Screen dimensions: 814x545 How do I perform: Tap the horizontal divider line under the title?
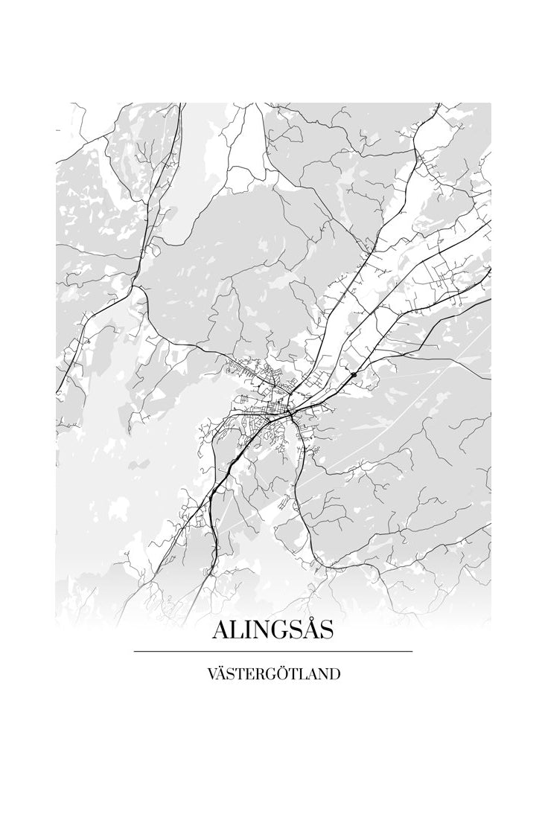tap(272, 651)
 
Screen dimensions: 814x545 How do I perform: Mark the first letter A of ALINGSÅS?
tap(221, 630)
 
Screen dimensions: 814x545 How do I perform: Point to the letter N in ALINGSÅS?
tap(260, 630)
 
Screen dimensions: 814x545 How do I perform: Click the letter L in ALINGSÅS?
tap(237, 630)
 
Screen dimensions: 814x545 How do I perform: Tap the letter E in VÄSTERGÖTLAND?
tap(249, 675)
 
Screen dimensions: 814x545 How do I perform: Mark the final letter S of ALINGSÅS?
tap(324, 630)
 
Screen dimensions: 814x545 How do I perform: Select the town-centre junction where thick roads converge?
tap(289, 411)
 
